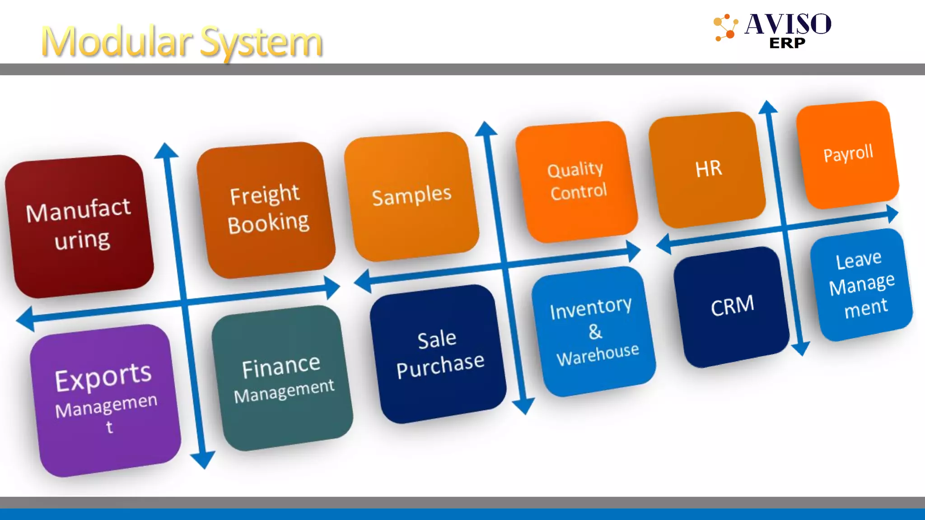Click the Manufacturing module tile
[79, 226]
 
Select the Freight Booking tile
[266, 210]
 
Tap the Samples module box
[411, 196]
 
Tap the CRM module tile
[732, 306]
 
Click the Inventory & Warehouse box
[594, 331]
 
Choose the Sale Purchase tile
[439, 354]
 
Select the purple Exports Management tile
[106, 400]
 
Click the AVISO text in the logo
[788, 24]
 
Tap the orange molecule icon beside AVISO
[725, 28]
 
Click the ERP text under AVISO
[787, 43]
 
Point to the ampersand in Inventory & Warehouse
[595, 332]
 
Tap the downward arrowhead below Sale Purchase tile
[524, 406]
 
